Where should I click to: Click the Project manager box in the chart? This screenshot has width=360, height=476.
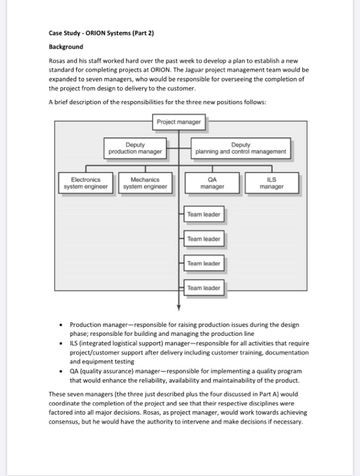(180, 122)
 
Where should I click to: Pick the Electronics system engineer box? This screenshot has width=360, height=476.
(86, 184)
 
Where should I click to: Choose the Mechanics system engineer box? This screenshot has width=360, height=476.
(145, 184)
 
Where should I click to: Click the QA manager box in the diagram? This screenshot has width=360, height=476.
(214, 184)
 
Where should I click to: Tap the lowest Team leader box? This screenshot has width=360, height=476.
(203, 288)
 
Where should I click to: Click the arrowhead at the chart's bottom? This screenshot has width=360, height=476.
(180, 307)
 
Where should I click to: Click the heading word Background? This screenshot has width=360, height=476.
(66, 47)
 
